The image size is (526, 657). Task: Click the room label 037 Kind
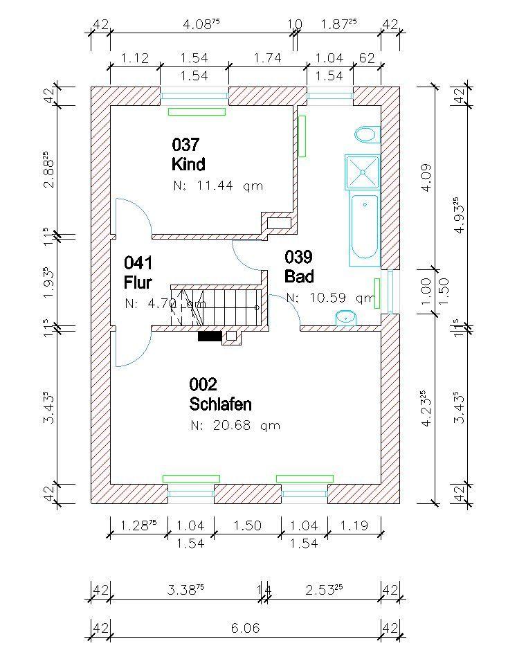pyautogui.click(x=188, y=154)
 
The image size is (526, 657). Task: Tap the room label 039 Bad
pyautogui.click(x=299, y=267)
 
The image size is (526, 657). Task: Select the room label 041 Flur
pyautogui.click(x=138, y=272)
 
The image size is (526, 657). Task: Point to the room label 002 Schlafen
pyautogui.click(x=219, y=394)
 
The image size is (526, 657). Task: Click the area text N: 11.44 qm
pyautogui.click(x=217, y=186)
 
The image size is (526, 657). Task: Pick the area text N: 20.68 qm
pyautogui.click(x=235, y=425)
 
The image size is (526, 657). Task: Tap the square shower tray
pyautogui.click(x=362, y=172)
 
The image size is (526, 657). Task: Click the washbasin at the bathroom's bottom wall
pyautogui.click(x=345, y=318)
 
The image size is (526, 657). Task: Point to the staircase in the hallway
pyautogui.click(x=218, y=306)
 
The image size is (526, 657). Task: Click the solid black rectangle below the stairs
pyautogui.click(x=210, y=336)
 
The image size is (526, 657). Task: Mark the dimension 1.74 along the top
pyautogui.click(x=267, y=59)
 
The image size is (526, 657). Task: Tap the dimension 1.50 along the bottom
pyautogui.click(x=247, y=525)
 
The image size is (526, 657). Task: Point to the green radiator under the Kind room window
pyautogui.click(x=197, y=111)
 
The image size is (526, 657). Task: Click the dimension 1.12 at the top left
pyautogui.click(x=135, y=59)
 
